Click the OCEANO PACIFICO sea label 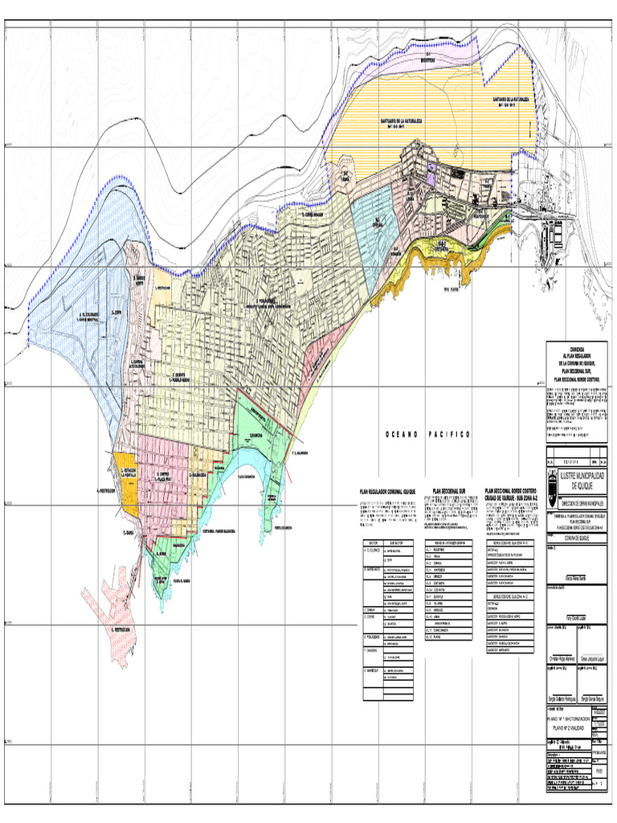tap(428, 434)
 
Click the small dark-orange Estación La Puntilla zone tap(126, 484)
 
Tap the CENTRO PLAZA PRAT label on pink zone tap(164, 476)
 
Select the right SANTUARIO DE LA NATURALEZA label tap(513, 100)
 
